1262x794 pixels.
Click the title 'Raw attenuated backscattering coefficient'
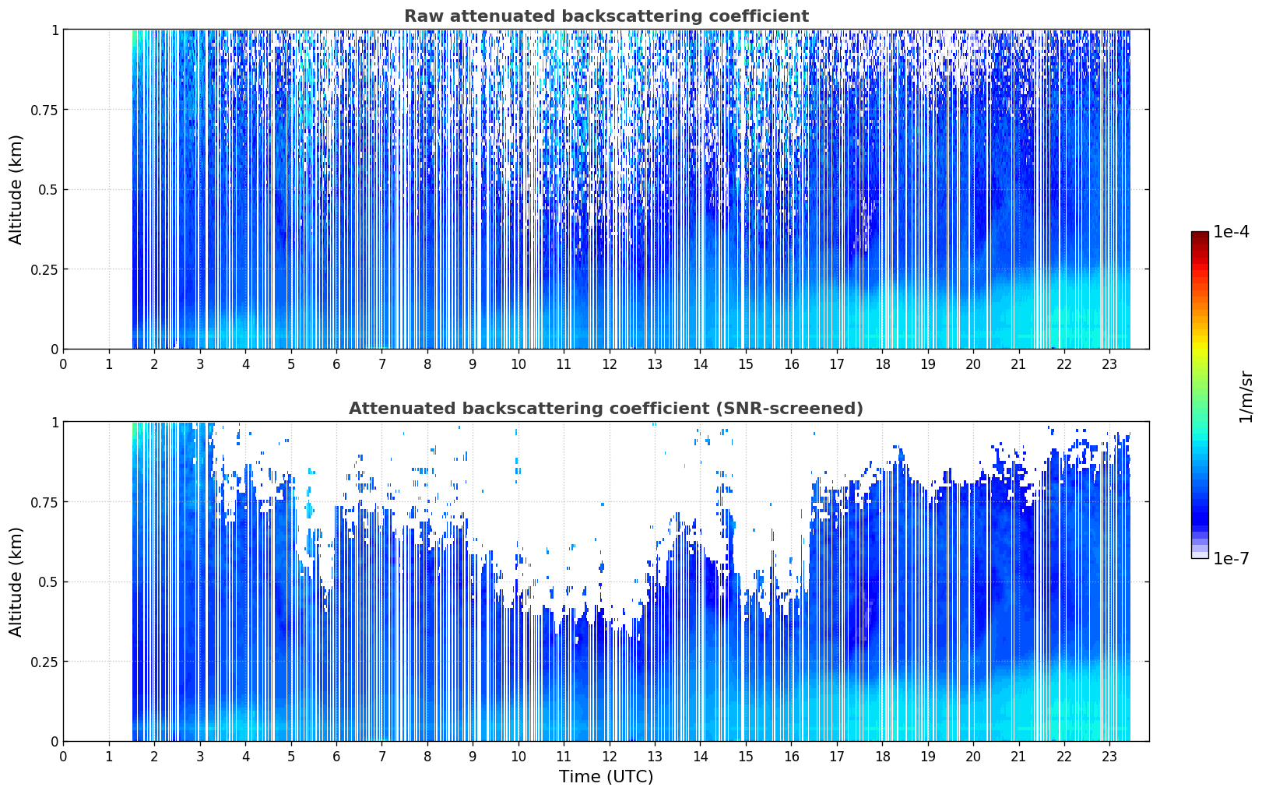pyautogui.click(x=606, y=16)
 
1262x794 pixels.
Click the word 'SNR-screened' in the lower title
pyautogui.click(x=785, y=408)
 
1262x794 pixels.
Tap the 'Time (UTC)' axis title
pyautogui.click(x=606, y=777)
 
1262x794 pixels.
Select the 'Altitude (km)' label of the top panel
pyautogui.click(x=16, y=190)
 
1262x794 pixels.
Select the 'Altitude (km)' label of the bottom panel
pyautogui.click(x=16, y=581)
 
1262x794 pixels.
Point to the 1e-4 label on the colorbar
pyautogui.click(x=1232, y=231)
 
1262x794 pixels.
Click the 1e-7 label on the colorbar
pyautogui.click(x=1232, y=558)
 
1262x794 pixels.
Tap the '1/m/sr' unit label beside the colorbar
pyautogui.click(x=1246, y=396)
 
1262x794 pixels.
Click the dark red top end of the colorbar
pyautogui.click(x=1200, y=234)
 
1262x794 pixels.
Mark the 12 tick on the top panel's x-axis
pyautogui.click(x=610, y=364)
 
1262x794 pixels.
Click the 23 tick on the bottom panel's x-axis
pyautogui.click(x=1109, y=757)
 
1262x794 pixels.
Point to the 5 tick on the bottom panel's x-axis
pyautogui.click(x=290, y=757)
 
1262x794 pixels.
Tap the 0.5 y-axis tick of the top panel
pyautogui.click(x=48, y=190)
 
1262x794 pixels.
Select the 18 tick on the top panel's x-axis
pyautogui.click(x=882, y=364)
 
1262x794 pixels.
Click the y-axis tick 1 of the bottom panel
pyautogui.click(x=55, y=423)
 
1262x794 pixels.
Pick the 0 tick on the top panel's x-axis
pyautogui.click(x=63, y=364)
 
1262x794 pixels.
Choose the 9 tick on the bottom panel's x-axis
pyautogui.click(x=473, y=757)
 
